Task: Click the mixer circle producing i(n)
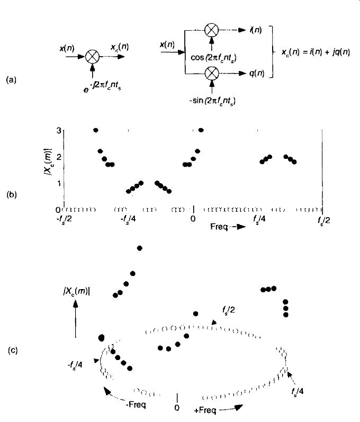coord(211,30)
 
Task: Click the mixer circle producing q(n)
coord(212,73)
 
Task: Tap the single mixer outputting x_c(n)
coord(92,57)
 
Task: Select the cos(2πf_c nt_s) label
coord(213,58)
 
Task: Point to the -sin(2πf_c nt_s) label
coord(212,101)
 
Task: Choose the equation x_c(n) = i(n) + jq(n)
coord(316,52)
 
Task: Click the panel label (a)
coord(11,80)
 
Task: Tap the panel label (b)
coord(11,194)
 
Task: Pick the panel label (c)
coord(13,350)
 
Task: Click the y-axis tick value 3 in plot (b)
coord(59,131)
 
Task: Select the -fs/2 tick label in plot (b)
coord(64,220)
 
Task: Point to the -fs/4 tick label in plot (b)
coord(128,219)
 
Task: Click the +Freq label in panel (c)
coord(205,410)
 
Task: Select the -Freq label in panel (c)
coord(136,404)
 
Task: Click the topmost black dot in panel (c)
coord(139,248)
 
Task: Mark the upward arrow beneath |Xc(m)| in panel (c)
coord(76,319)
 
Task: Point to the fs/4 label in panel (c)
coord(298,391)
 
